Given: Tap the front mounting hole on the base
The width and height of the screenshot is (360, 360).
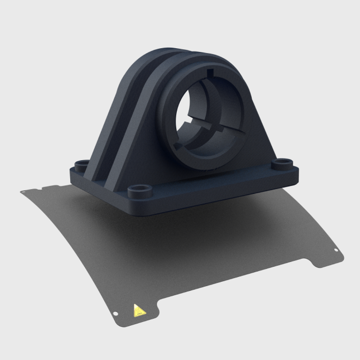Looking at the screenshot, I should pyautogui.click(x=139, y=190).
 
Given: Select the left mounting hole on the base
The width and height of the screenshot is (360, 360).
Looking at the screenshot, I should pyautogui.click(x=82, y=163).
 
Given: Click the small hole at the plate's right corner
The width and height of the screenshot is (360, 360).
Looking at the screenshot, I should pyautogui.click(x=335, y=251).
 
